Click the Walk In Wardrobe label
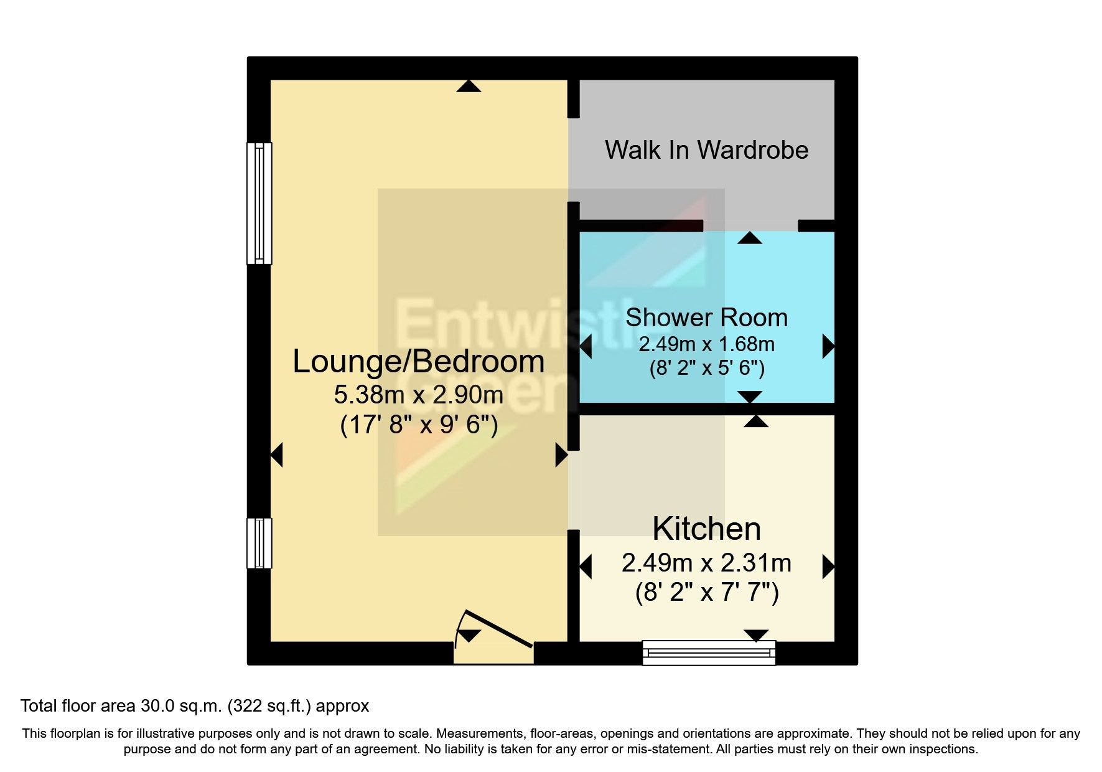tap(706, 150)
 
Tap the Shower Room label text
tap(706, 318)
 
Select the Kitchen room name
tap(706, 529)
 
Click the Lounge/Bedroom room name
tap(418, 361)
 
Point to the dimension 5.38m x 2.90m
tap(418, 394)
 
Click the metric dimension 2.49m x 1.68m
tap(706, 344)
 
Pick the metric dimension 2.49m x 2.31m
tap(706, 563)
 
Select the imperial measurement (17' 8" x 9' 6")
tap(418, 425)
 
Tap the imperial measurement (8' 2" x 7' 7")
tap(706, 591)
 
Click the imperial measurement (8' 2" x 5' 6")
tap(706, 368)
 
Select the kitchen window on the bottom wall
tap(709, 652)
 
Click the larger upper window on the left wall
tap(259, 204)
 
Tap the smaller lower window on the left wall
tap(259, 543)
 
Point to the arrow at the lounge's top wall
tap(469, 87)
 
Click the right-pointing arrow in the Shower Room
tap(828, 346)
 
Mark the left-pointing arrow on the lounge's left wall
tap(278, 454)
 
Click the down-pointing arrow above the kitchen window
tap(756, 635)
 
